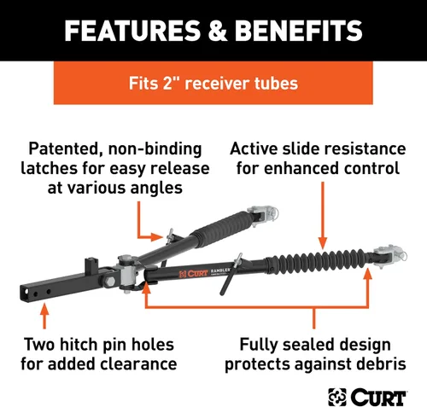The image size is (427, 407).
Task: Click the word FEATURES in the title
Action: click(x=132, y=31)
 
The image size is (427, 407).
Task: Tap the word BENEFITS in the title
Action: click(x=298, y=31)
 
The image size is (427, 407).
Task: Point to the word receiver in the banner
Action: click(x=217, y=84)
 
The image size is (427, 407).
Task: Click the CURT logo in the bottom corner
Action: click(x=367, y=397)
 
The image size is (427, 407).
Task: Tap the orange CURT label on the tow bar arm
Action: click(x=193, y=274)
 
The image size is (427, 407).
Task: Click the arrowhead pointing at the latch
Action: click(x=157, y=236)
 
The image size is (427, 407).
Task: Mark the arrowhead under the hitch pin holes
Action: click(x=44, y=309)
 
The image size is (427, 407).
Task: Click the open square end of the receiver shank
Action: click(x=24, y=293)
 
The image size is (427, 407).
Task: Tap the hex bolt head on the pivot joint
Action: click(x=110, y=282)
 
